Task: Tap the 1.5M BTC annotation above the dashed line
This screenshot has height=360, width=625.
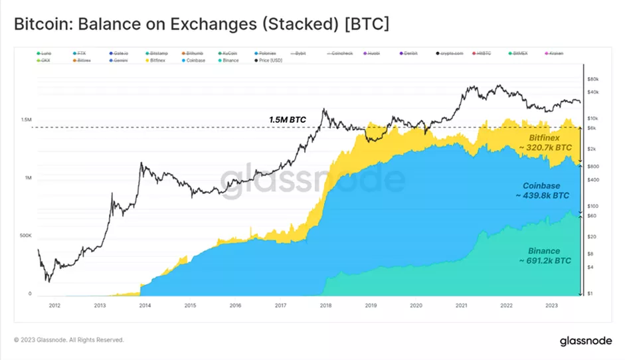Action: point(288,119)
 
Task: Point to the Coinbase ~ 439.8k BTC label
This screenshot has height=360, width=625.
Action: point(542,191)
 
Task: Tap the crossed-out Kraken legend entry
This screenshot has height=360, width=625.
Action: point(553,52)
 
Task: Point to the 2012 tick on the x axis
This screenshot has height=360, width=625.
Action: point(54,306)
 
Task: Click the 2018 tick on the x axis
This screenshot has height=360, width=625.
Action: point(325,306)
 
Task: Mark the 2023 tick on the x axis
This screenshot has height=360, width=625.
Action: point(552,306)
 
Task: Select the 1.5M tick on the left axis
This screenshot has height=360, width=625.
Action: point(25,120)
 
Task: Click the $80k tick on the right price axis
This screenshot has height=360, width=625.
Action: point(594,79)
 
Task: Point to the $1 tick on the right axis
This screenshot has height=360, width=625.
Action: point(590,294)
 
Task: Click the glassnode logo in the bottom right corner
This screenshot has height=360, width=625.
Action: point(581,341)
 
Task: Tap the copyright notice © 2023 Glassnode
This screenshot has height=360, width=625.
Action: point(68,340)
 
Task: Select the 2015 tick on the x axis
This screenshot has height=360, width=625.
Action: point(190,306)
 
